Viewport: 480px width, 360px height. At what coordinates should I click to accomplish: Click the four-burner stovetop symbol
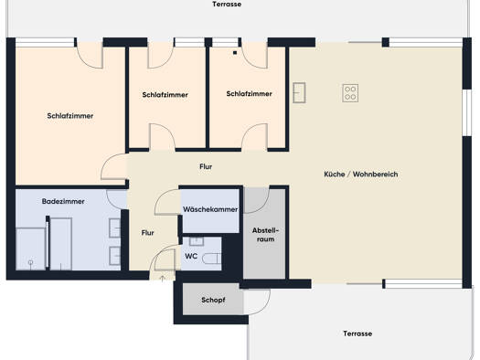350,93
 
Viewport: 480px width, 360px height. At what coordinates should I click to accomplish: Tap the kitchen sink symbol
299,92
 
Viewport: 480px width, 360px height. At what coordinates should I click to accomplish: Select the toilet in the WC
212,259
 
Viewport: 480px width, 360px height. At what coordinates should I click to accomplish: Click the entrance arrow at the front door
163,278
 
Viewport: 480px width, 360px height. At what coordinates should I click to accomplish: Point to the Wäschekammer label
210,209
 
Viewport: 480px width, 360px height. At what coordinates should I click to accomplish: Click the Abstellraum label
265,235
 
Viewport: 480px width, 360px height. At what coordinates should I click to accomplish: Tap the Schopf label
213,300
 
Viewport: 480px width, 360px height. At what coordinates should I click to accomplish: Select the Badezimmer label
63,201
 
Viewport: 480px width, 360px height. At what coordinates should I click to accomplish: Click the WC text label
191,256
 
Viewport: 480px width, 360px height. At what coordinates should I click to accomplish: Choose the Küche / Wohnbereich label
361,175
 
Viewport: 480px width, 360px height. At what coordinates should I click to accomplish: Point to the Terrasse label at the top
227,5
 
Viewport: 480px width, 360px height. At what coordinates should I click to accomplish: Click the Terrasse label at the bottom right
357,334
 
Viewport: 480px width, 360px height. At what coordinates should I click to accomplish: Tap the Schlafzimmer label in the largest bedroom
70,116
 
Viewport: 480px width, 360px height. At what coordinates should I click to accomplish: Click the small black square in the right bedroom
235,53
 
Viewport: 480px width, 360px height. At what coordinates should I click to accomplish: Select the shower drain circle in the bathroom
30,262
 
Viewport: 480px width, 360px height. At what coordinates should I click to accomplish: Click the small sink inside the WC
197,241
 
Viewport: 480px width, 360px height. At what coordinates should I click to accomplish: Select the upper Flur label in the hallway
206,166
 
